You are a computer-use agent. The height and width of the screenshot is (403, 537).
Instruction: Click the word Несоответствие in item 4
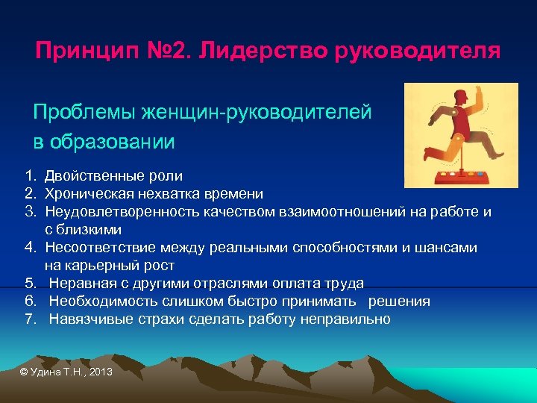click(x=94, y=248)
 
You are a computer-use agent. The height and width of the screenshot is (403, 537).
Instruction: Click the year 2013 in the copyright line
click(x=99, y=371)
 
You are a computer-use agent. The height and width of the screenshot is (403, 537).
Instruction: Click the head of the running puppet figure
click(x=462, y=97)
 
